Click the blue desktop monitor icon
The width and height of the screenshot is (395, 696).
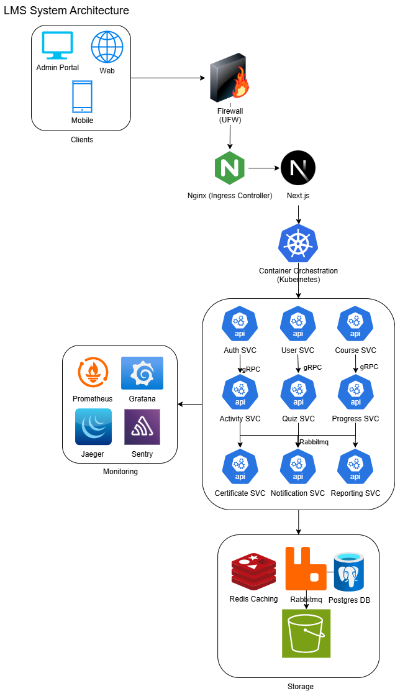(x=57, y=45)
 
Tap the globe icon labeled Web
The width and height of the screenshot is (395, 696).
(x=107, y=47)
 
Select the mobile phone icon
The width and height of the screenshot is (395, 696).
(x=82, y=97)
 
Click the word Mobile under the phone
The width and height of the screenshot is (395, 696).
(x=82, y=121)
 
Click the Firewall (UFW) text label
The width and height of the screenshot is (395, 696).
(x=230, y=116)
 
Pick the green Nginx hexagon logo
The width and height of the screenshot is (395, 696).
(x=230, y=168)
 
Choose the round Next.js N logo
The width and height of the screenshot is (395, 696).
(x=298, y=168)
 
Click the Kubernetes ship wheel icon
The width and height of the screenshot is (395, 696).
(x=298, y=244)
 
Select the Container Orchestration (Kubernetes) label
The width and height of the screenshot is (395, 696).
(x=298, y=275)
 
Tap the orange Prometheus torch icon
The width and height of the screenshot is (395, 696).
(x=93, y=372)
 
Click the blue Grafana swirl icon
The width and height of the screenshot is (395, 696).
(x=142, y=373)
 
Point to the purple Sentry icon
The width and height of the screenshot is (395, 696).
(x=142, y=427)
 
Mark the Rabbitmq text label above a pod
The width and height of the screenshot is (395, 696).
(x=314, y=442)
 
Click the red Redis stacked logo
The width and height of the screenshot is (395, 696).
(x=253, y=571)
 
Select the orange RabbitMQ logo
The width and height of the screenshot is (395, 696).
(x=306, y=569)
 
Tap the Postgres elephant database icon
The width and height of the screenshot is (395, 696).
(x=348, y=572)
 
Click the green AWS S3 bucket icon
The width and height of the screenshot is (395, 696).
(x=306, y=633)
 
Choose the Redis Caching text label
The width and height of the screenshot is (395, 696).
(x=253, y=599)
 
